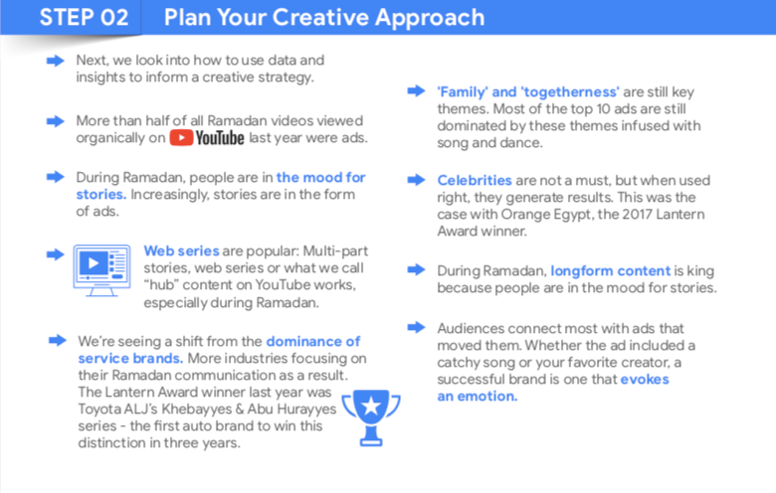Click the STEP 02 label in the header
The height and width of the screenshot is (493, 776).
tap(84, 17)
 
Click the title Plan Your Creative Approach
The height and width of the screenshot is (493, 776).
tap(324, 18)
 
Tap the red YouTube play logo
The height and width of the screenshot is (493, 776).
tap(181, 137)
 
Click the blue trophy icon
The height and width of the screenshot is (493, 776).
tap(371, 417)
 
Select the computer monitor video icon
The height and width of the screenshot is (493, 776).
tap(101, 270)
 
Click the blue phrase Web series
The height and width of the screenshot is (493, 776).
tap(181, 251)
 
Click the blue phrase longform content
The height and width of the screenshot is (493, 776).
tap(611, 271)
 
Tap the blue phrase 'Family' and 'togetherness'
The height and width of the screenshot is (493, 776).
tap(528, 92)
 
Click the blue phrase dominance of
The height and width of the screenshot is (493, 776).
tap(313, 342)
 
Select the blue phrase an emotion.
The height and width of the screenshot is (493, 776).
tap(478, 397)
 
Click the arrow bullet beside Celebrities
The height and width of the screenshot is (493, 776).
tap(416, 180)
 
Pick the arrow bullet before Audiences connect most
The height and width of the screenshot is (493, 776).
tap(416, 327)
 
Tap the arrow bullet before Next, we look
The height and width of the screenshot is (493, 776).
tap(56, 61)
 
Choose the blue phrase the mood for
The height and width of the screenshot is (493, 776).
tap(320, 178)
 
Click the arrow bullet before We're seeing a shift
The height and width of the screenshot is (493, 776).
tap(58, 340)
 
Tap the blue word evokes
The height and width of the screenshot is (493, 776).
tap(645, 380)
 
